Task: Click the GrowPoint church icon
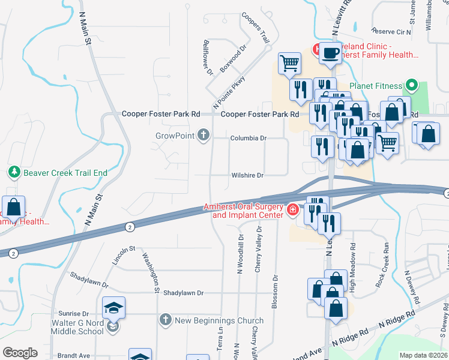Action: point(203,135)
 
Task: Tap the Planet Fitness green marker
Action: point(411,84)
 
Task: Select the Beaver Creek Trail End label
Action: point(65,173)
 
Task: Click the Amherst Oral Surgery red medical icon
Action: point(292,209)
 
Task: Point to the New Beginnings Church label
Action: point(218,320)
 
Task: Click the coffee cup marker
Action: point(330,53)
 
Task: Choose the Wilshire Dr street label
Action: point(247,175)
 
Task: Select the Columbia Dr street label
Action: point(248,138)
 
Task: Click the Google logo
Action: point(20,353)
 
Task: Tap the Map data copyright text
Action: point(423,355)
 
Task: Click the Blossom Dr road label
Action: point(276,292)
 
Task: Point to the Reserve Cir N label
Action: point(391,31)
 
